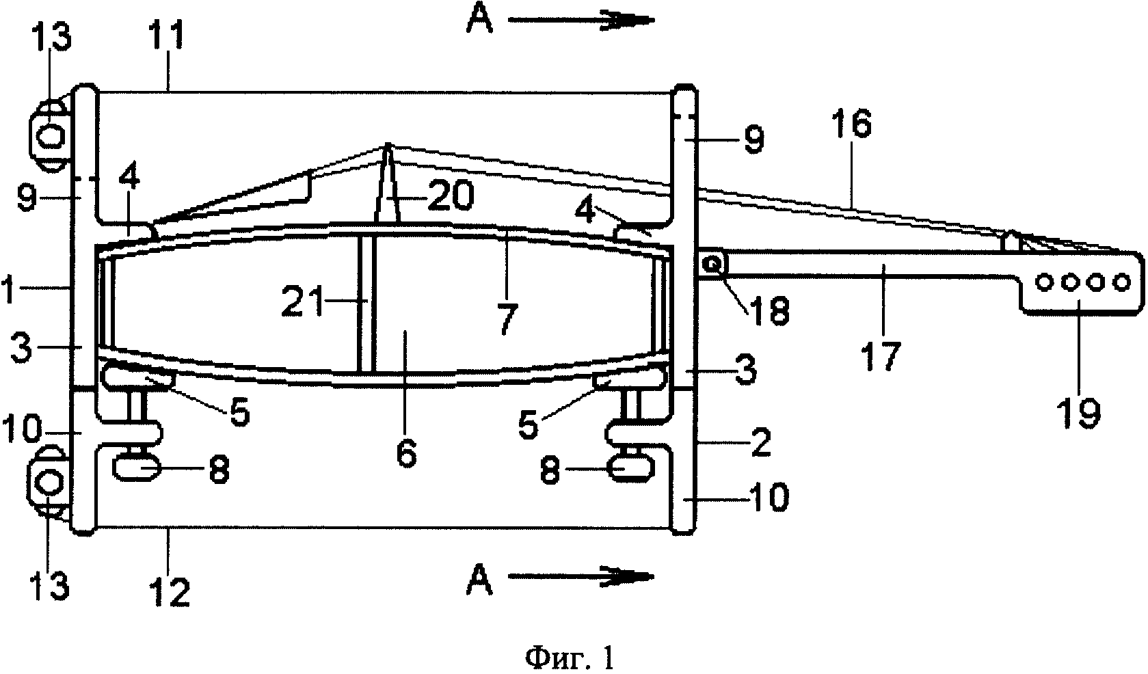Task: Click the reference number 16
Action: click(851, 124)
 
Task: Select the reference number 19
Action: click(1080, 412)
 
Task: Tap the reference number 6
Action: click(406, 451)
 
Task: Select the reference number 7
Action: click(507, 319)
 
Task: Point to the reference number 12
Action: click(170, 591)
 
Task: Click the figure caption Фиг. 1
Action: click(570, 658)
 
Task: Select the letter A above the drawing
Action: click(480, 21)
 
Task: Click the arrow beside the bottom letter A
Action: click(582, 577)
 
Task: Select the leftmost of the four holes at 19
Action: click(1043, 282)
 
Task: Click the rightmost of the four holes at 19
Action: click(1123, 282)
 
